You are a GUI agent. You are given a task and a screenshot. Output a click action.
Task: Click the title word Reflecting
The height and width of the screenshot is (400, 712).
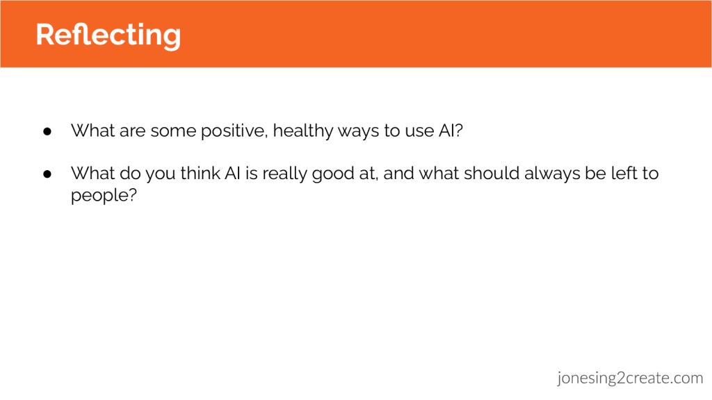(x=108, y=35)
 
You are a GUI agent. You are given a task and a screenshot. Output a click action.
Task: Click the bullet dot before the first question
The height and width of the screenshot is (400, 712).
(x=47, y=131)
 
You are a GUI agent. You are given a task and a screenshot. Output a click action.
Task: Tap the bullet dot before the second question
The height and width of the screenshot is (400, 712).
(x=47, y=174)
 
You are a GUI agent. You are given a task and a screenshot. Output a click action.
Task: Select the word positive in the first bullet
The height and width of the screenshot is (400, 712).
(x=235, y=131)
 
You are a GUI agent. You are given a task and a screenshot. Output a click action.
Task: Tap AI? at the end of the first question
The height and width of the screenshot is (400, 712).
(x=451, y=131)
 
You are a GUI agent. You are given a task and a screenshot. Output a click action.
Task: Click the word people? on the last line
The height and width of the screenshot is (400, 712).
(x=104, y=196)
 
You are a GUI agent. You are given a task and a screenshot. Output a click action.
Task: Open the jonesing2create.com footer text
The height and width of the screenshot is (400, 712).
(x=630, y=378)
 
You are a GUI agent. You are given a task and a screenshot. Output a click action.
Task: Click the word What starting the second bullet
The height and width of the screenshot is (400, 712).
(x=93, y=173)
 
